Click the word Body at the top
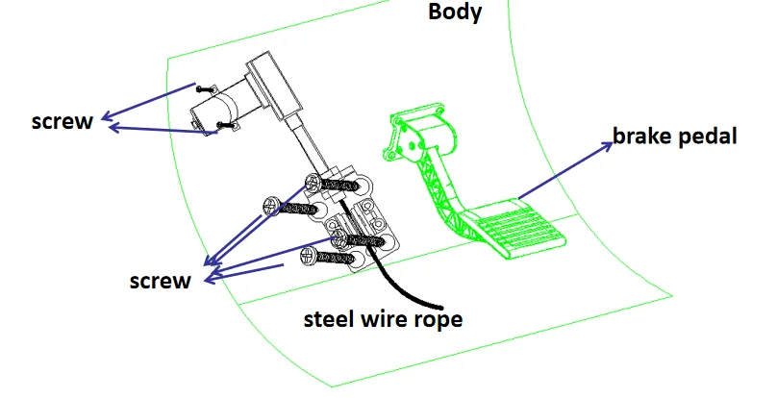(455, 12)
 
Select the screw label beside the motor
(63, 121)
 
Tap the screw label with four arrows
(160, 281)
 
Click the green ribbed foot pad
(515, 229)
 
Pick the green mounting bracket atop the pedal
(418, 133)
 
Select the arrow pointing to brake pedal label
(565, 170)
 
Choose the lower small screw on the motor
(226, 125)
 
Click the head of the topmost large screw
(313, 183)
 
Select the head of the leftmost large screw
(272, 206)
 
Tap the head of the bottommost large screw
(310, 256)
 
